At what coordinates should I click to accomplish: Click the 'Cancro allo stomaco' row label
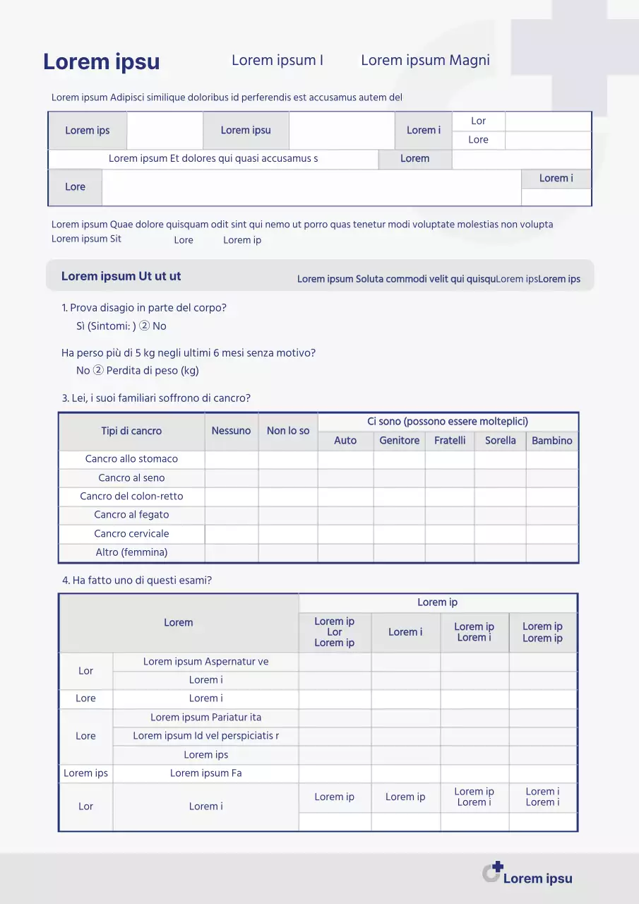click(x=131, y=459)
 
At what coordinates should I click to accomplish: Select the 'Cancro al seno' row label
click(x=131, y=478)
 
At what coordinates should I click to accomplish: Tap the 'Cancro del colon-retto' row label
click(x=131, y=496)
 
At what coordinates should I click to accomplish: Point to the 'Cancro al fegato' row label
click(x=131, y=515)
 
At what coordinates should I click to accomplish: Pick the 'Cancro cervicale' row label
click(x=131, y=534)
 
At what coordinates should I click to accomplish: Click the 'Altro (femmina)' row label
click(x=131, y=552)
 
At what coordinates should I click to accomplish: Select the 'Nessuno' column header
click(x=231, y=431)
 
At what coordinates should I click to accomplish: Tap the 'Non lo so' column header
click(x=288, y=431)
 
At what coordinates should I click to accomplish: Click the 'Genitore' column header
click(x=399, y=441)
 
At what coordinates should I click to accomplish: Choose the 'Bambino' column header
click(x=551, y=441)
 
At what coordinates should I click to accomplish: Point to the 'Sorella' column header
click(x=500, y=441)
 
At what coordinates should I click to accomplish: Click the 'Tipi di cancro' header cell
click(x=131, y=431)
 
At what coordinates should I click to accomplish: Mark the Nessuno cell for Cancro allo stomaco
click(x=231, y=459)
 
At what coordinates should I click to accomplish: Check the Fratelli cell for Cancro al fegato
click(x=450, y=515)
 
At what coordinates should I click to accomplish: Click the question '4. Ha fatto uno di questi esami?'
click(x=137, y=581)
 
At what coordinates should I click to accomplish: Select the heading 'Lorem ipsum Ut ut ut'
click(x=121, y=276)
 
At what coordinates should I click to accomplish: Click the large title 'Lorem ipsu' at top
click(x=102, y=62)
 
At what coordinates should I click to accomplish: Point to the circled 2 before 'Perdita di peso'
click(x=98, y=371)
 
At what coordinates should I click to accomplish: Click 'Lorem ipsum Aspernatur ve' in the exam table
click(x=205, y=662)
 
